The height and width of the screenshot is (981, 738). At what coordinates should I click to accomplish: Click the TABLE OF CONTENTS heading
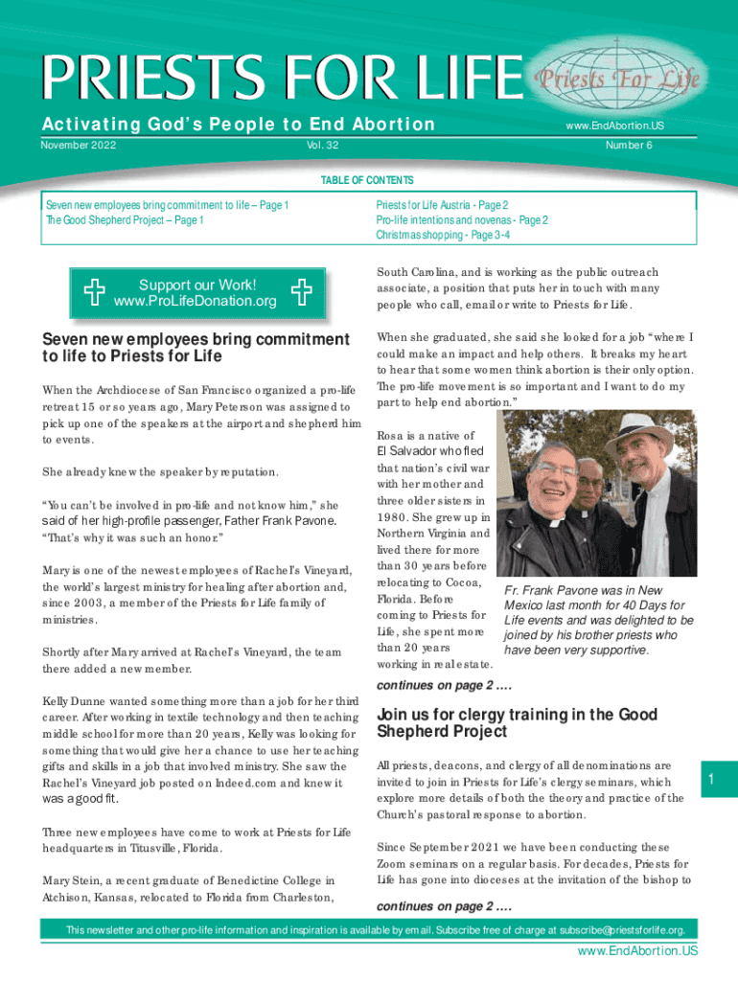[x=368, y=180]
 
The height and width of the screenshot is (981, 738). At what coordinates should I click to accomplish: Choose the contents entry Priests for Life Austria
[x=442, y=205]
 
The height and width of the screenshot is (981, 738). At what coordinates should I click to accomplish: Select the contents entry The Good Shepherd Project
[x=125, y=219]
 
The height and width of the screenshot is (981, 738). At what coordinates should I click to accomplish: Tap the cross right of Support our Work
[x=301, y=293]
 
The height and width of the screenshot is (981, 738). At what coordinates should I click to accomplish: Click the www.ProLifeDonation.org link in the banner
[x=196, y=302]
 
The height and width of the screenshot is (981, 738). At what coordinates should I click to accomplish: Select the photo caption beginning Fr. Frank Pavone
[x=598, y=621]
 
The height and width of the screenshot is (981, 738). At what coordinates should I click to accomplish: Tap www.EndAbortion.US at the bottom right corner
[x=637, y=951]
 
